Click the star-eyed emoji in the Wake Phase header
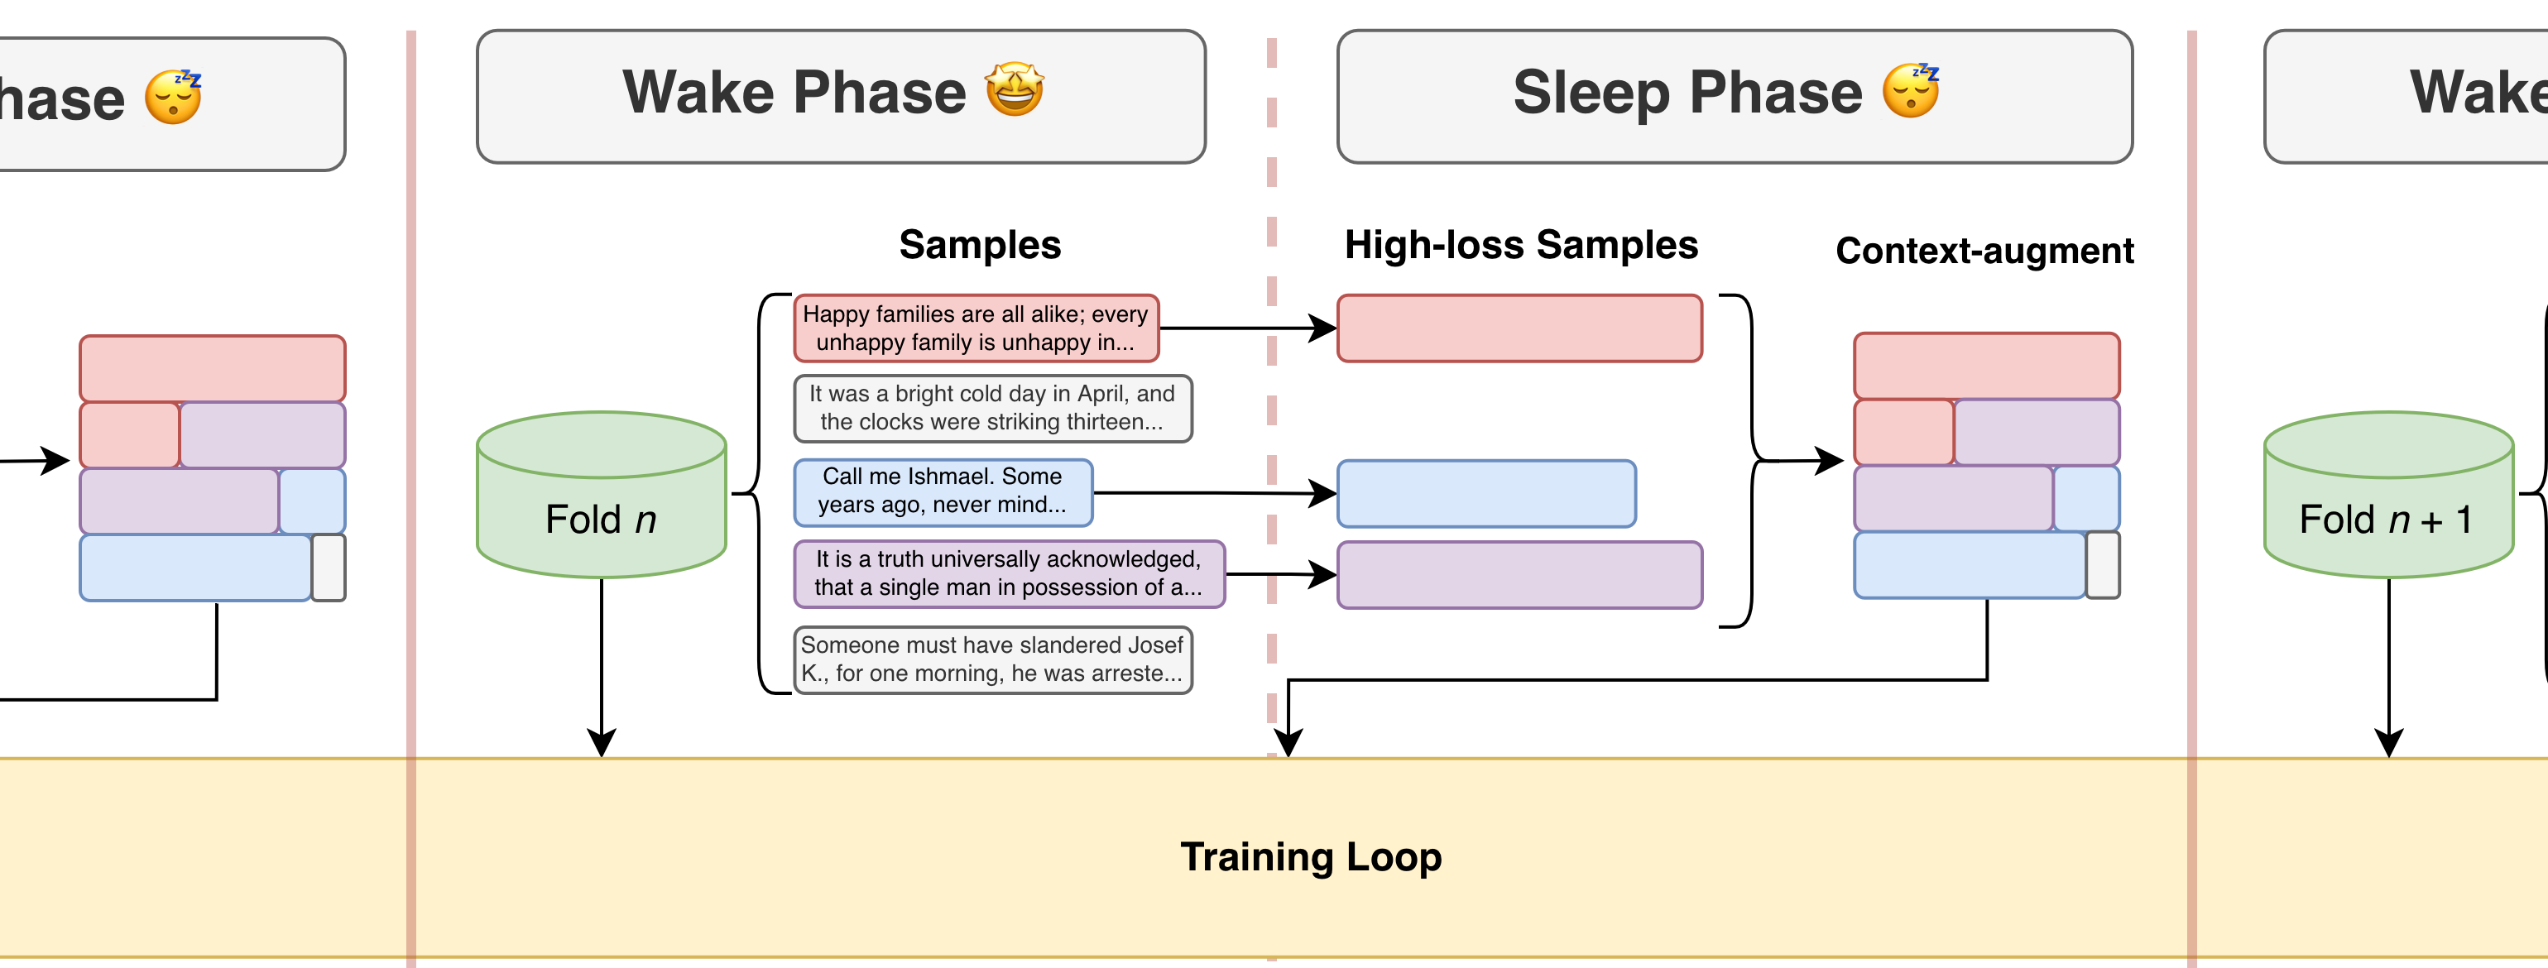tap(1014, 90)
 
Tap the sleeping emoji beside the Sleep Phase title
tap(1910, 91)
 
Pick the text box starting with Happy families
tap(976, 328)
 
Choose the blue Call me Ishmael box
tap(943, 491)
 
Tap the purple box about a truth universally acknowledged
tap(1009, 573)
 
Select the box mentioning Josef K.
tap(992, 659)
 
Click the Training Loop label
tap(1311, 856)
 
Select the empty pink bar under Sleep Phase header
tap(1519, 328)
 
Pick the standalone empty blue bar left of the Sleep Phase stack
tap(1485, 493)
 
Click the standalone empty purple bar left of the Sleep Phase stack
tap(1519, 574)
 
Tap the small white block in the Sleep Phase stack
tap(2103, 564)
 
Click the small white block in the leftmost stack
tap(329, 568)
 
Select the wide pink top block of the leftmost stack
tap(213, 368)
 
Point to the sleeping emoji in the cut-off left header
tap(173, 97)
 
